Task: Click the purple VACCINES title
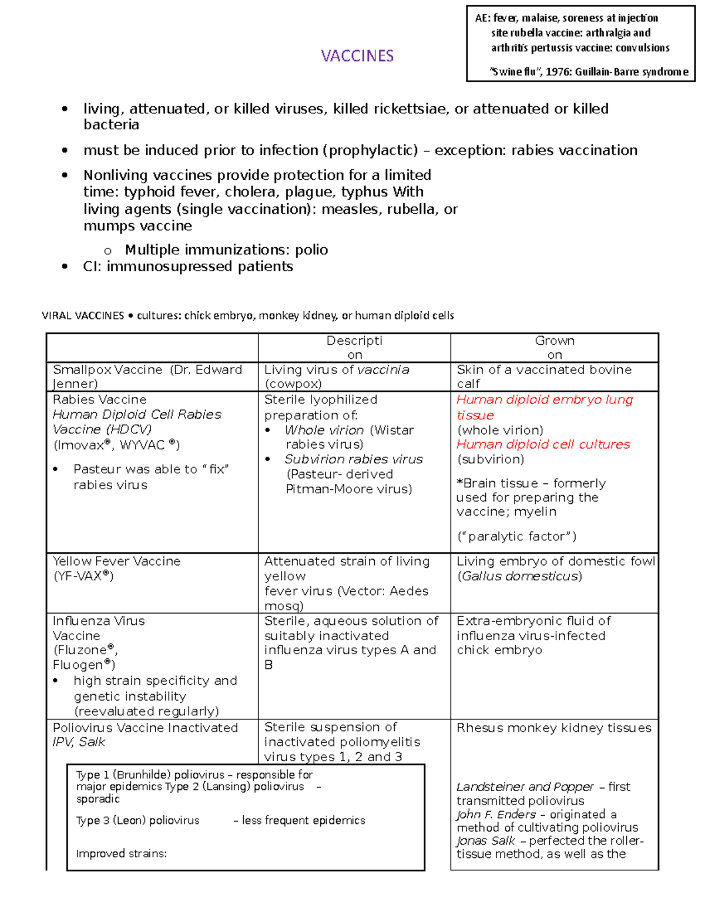[x=357, y=56]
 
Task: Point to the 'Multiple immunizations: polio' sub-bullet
[x=226, y=250]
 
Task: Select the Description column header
[x=354, y=347]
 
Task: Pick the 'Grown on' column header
[x=555, y=347]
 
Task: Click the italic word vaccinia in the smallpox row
[x=383, y=370]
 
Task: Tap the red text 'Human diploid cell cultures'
[x=543, y=445]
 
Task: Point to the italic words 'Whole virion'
[x=324, y=430]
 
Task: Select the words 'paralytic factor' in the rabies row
[x=516, y=536]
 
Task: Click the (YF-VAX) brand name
[x=83, y=576]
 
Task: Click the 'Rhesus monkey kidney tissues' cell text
[x=554, y=728]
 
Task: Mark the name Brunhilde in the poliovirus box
[x=141, y=775]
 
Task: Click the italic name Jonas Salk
[x=485, y=841]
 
